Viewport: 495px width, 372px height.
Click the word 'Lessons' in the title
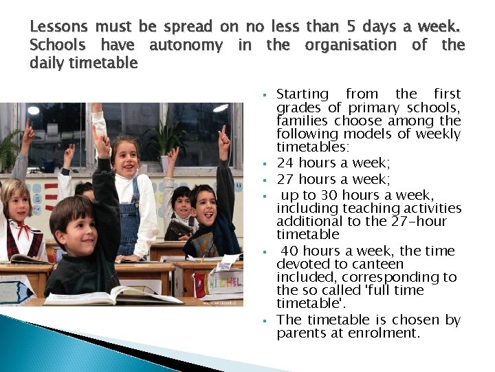[59, 28]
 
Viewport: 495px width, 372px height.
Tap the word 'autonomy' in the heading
[186, 45]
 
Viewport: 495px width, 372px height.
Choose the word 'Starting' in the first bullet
[302, 94]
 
